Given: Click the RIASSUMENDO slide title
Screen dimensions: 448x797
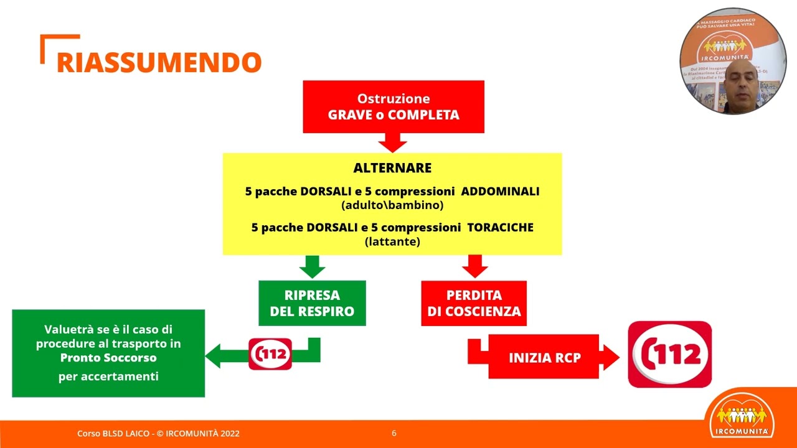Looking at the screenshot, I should [x=159, y=62].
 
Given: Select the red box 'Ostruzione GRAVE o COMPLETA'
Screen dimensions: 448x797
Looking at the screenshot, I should [x=394, y=106].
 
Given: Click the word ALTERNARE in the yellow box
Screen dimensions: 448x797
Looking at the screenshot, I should [x=392, y=168].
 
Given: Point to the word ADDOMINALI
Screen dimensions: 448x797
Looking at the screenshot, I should [x=500, y=191].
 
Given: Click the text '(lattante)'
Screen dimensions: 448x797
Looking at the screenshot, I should [x=392, y=241].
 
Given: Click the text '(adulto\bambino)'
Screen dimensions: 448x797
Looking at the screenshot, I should [x=392, y=205].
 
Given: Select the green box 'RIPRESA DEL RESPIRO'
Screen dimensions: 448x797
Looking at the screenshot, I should [x=312, y=303].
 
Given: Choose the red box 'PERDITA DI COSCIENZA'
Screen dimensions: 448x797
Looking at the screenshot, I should [x=474, y=303].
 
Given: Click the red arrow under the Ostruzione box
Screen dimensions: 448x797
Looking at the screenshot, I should [x=392, y=142].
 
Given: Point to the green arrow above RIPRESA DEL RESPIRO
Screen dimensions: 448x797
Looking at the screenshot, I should [x=312, y=267].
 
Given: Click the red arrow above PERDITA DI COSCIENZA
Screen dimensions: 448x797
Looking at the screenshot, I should [x=474, y=266].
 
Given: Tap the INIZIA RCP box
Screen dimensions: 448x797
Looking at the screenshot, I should [x=544, y=357].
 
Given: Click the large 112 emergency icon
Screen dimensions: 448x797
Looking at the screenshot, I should [x=669, y=355].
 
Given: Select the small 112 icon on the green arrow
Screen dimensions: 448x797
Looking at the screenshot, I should [x=270, y=354].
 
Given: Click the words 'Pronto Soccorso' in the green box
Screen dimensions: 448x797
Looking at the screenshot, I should [x=108, y=358].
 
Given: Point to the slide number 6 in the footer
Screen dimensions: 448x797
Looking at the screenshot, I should [x=394, y=433].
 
